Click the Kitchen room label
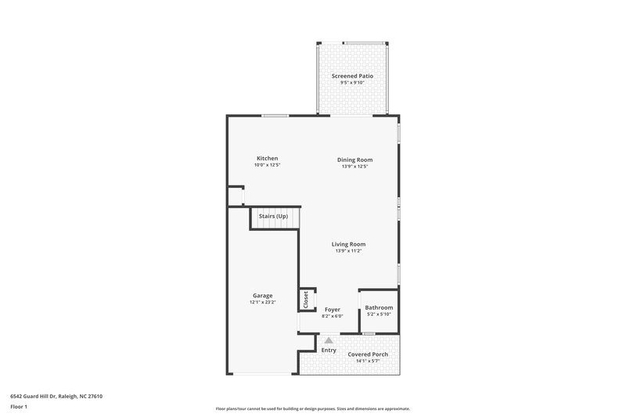(x=267, y=159)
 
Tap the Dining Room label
(x=354, y=160)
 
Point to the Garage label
(x=262, y=296)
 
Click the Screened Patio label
(x=352, y=76)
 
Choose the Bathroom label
(x=379, y=307)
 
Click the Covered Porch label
(x=368, y=354)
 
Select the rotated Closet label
(x=306, y=300)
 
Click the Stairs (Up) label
(x=273, y=216)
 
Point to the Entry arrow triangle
(x=329, y=340)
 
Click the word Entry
(x=329, y=350)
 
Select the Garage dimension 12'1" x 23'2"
(x=262, y=302)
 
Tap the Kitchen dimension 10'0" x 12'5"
(x=267, y=166)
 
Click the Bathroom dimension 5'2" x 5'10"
(x=379, y=315)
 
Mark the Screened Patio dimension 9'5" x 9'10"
(x=352, y=83)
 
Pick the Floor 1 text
(x=18, y=407)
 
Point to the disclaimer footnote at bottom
(x=313, y=409)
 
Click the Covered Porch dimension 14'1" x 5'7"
(x=368, y=361)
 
